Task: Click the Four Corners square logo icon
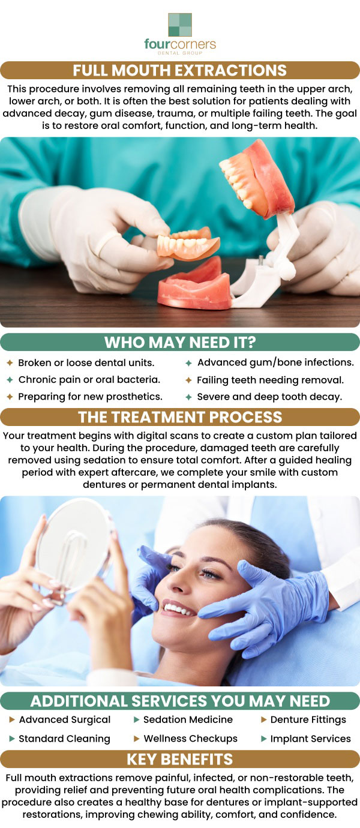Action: click(x=180, y=25)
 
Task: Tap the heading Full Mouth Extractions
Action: click(x=180, y=70)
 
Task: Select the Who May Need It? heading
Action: click(x=180, y=342)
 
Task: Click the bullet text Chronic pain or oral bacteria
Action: click(x=89, y=380)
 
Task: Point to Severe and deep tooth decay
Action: click(x=269, y=397)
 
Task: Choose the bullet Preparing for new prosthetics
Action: click(x=90, y=397)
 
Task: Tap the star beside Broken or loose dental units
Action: click(x=10, y=363)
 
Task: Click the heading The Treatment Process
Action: click(x=180, y=417)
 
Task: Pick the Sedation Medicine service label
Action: click(x=188, y=719)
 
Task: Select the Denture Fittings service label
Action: click(x=308, y=719)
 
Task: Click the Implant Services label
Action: click(x=311, y=739)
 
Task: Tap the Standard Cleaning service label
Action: click(x=65, y=739)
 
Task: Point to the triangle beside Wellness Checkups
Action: click(x=137, y=739)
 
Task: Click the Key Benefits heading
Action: click(x=180, y=759)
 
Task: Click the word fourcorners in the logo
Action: click(x=180, y=44)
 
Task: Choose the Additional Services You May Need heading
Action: click(x=180, y=701)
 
